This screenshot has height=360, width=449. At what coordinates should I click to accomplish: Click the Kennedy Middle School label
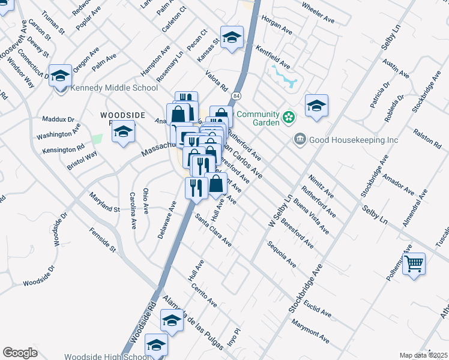point(114,88)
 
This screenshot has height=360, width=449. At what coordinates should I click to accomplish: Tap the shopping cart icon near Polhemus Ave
point(414,263)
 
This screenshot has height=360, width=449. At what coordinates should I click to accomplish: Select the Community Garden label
point(258,118)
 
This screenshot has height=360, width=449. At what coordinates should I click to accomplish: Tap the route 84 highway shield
point(237,96)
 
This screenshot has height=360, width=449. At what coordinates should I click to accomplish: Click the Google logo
point(20,353)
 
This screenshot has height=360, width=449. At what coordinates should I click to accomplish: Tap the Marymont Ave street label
point(311,331)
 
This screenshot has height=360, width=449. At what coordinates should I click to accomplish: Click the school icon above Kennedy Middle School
point(60,76)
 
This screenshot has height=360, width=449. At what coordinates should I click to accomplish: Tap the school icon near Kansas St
point(232,38)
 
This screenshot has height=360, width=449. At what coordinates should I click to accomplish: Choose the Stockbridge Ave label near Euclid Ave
point(306,287)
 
